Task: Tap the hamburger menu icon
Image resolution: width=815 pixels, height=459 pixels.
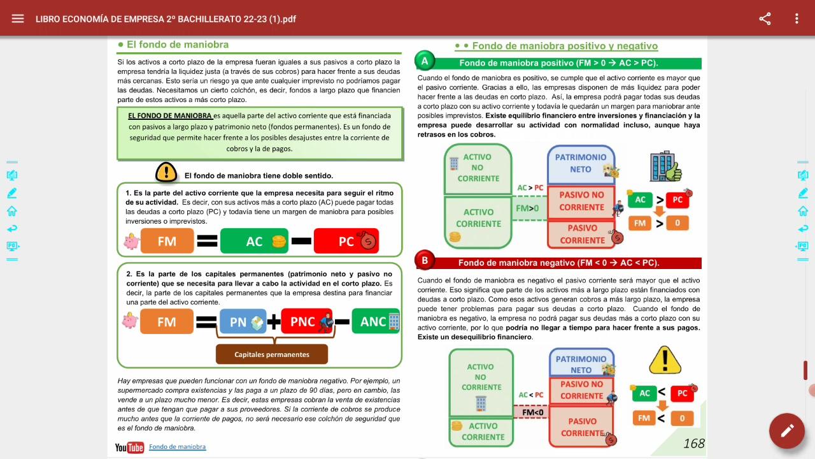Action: tap(18, 18)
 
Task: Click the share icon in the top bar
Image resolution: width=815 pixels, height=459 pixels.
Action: tap(765, 18)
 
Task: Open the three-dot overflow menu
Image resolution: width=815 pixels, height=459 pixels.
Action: tap(797, 18)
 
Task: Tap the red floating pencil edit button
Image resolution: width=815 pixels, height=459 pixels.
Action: tap(787, 431)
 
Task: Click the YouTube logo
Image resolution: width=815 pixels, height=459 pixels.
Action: tap(129, 448)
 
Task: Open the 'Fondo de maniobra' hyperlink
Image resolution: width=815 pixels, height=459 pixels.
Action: tap(177, 447)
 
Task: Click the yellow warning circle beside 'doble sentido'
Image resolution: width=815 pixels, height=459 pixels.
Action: tap(166, 171)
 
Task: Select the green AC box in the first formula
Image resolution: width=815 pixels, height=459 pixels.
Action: tap(254, 241)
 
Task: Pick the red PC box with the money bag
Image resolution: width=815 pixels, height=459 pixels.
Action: tap(346, 241)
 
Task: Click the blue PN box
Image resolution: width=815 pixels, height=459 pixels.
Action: tap(242, 322)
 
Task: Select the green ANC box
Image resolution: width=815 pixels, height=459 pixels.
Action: tap(376, 322)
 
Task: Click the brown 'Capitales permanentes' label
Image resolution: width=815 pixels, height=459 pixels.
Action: tap(272, 354)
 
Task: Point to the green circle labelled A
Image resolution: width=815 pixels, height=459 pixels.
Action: tap(424, 61)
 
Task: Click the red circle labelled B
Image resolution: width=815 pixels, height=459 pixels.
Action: tap(424, 260)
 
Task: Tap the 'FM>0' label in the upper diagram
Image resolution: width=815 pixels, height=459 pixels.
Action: tap(527, 208)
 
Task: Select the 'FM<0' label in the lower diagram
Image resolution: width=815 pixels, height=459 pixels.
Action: tap(532, 412)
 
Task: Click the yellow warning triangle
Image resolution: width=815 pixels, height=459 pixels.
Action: tap(665, 361)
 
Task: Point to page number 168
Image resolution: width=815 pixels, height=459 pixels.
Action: tap(693, 444)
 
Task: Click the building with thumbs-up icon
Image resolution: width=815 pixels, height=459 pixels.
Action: tap(665, 167)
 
